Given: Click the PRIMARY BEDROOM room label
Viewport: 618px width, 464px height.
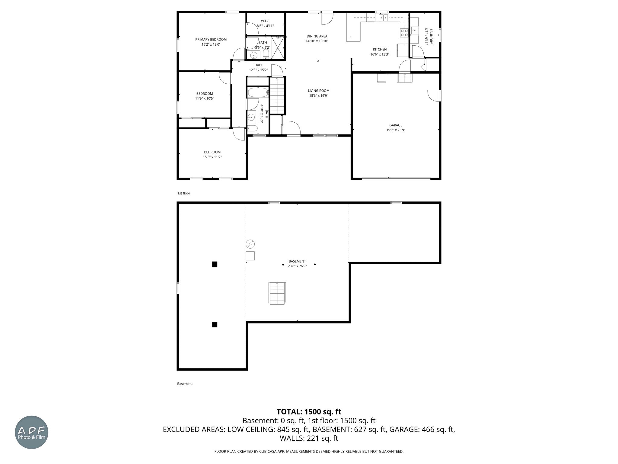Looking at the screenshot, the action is coord(211,40).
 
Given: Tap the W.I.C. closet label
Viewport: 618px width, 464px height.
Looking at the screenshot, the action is coord(265,21).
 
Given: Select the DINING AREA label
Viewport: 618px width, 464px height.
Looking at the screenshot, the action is coord(317,36).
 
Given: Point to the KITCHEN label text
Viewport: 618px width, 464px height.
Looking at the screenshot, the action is coord(380,50).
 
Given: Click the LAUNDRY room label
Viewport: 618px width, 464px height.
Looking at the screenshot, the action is coord(431,36).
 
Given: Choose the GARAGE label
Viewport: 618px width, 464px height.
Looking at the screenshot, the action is coord(396,125).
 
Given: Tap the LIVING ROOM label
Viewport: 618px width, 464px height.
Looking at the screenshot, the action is coord(319,91).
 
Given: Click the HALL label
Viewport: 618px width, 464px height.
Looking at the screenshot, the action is coord(258,65).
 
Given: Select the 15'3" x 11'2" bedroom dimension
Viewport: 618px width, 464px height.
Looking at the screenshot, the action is coord(212,157).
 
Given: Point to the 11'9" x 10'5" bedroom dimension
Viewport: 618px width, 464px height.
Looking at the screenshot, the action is coord(205,98).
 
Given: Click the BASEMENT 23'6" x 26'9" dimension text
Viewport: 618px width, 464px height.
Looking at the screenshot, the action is coord(297,266).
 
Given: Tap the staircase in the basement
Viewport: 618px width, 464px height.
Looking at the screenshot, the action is coord(277,293).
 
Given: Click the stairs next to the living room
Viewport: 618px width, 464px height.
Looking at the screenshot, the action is coord(277,95).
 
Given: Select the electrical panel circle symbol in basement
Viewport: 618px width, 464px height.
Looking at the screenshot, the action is coord(250,244).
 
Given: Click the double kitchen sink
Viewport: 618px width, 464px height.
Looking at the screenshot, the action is coord(384,18).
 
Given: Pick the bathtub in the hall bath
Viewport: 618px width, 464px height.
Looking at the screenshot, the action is coord(258,93).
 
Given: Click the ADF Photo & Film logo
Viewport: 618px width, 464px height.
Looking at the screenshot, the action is coord(32,432).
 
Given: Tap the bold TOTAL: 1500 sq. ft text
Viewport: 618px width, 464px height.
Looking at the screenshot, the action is coord(309,412).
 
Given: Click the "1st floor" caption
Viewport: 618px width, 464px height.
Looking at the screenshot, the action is coord(184,193).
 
